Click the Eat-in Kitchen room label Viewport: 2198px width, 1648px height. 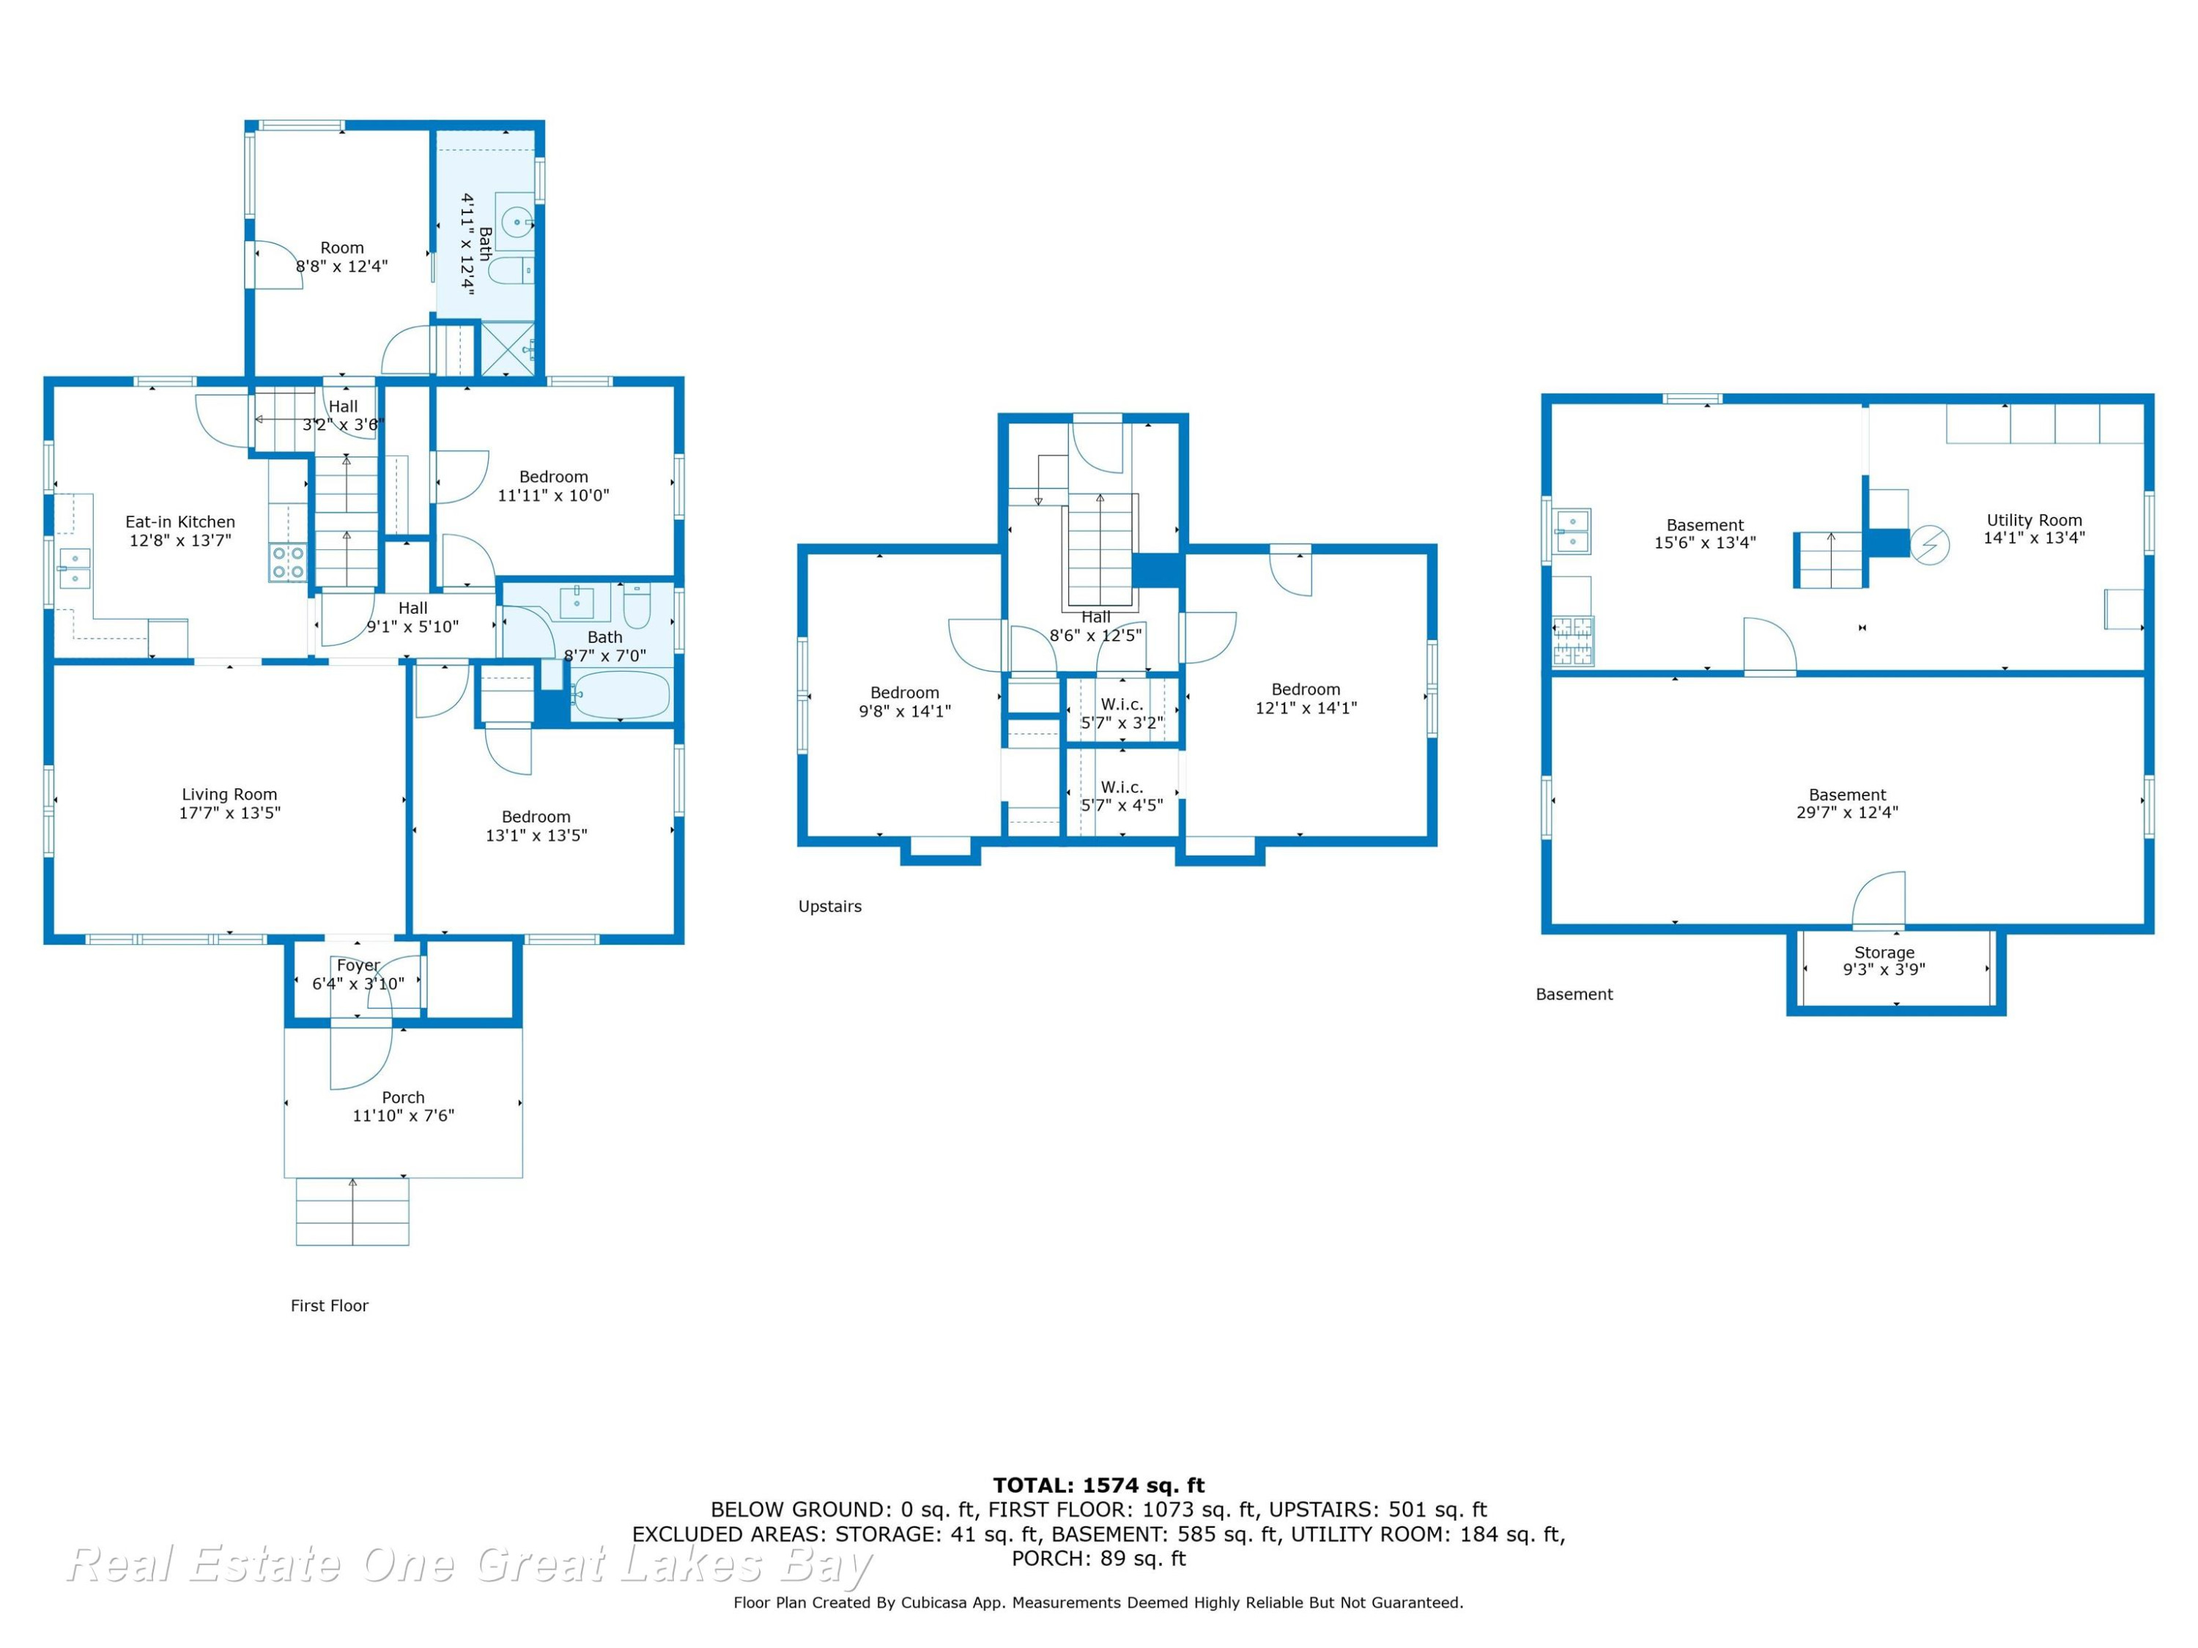pos(180,522)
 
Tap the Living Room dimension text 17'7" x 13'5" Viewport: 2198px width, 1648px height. pos(229,812)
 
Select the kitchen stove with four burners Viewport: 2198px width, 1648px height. pos(288,563)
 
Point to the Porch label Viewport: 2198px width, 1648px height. pos(404,1096)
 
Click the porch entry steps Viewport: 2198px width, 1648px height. pos(352,1211)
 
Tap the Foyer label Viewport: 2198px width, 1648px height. pos(358,965)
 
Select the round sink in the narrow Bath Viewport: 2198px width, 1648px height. pos(517,223)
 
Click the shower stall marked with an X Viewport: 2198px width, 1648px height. pos(508,349)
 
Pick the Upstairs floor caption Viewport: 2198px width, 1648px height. pos(829,906)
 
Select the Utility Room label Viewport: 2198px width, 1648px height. pos(2034,519)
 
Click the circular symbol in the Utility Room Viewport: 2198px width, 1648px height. pos(1930,544)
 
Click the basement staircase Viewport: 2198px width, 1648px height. pos(1828,560)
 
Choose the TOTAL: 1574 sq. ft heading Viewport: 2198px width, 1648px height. pos(1099,1485)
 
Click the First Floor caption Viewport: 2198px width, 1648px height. pos(329,1305)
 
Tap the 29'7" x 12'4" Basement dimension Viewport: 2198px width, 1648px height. pos(1847,812)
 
